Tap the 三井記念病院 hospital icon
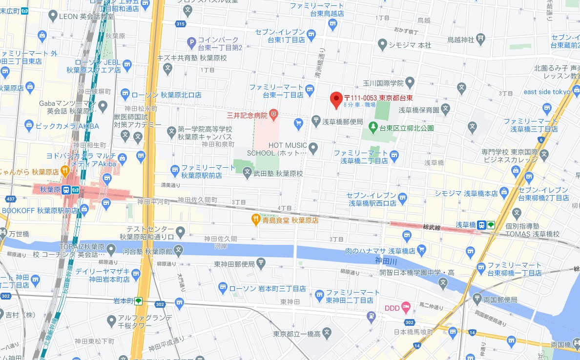(x=274, y=116)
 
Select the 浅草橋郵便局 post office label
(x=344, y=121)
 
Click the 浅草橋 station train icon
(x=482, y=225)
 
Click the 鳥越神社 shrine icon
(x=481, y=38)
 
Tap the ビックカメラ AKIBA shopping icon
(x=30, y=126)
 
